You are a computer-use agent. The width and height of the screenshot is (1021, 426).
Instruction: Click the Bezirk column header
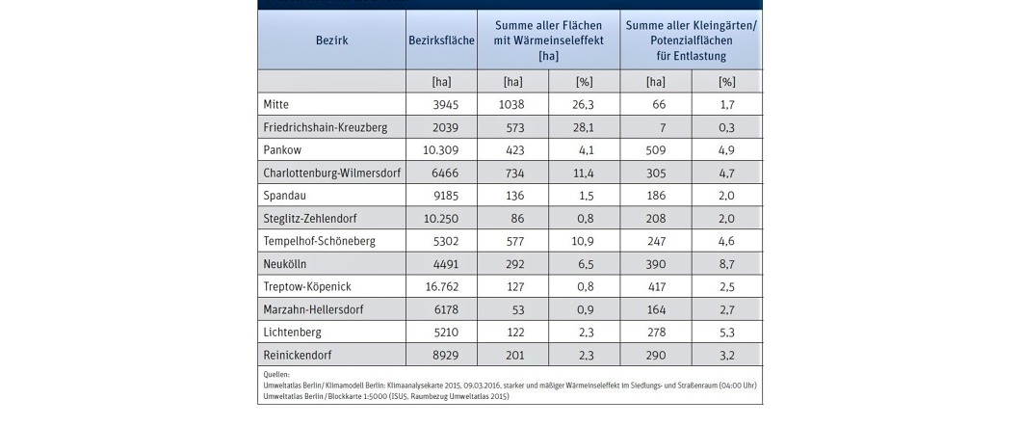[332, 40]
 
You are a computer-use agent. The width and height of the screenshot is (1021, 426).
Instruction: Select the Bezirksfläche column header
[441, 40]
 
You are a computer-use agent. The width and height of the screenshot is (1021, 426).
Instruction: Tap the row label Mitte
[276, 104]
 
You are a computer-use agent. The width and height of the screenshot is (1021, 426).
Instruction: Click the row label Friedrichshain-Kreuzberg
[325, 127]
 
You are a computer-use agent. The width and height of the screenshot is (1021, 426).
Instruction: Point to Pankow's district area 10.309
[441, 149]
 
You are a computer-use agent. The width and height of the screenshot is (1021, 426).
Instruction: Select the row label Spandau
[283, 196]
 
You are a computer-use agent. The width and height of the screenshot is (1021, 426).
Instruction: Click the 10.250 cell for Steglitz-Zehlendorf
[441, 218]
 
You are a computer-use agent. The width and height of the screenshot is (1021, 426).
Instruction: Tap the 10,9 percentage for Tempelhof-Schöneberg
[584, 241]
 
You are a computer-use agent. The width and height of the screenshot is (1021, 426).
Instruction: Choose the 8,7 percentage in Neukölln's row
[726, 264]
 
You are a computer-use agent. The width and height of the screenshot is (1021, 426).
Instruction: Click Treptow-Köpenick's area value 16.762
[441, 286]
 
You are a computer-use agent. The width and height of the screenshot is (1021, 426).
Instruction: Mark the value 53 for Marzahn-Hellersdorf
[518, 309]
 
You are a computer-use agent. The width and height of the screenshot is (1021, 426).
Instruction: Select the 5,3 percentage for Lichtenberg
[726, 333]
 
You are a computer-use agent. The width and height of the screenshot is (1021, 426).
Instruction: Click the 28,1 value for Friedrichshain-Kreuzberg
[584, 127]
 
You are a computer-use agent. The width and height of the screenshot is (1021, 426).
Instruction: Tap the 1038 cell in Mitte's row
[511, 104]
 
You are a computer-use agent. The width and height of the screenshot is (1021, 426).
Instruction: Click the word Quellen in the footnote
[276, 375]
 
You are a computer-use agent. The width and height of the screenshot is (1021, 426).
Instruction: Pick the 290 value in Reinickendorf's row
[656, 355]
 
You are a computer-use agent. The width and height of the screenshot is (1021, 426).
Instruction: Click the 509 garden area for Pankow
[656, 149]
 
